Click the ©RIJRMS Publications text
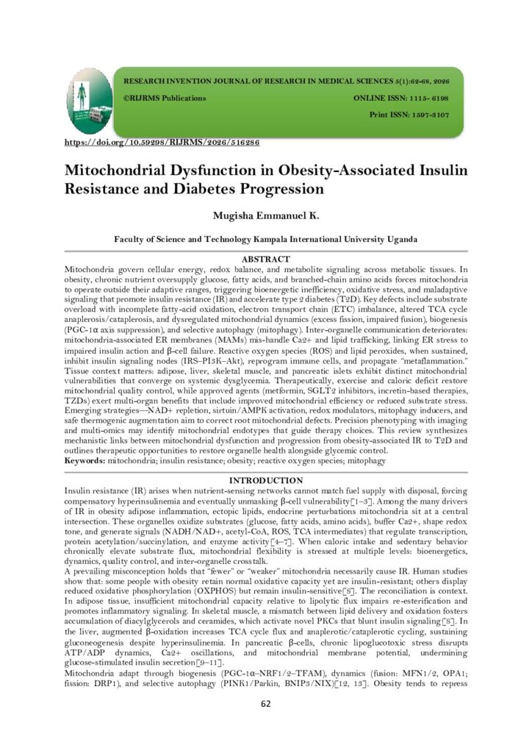coord(165,98)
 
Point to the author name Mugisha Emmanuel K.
coord(265,217)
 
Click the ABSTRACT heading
coord(266,259)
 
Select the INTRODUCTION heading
coord(266,480)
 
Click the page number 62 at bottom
coord(266,703)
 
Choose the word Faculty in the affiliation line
coord(131,239)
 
